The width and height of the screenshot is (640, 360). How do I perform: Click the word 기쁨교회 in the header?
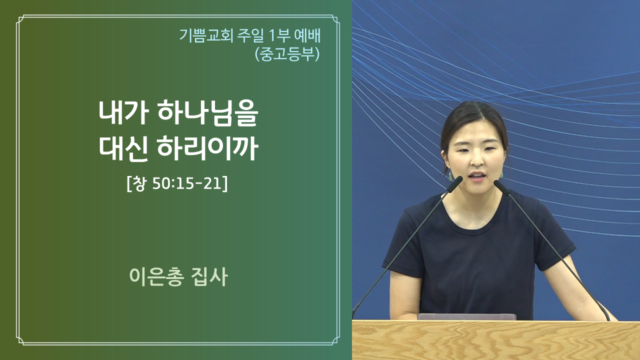click(x=206, y=35)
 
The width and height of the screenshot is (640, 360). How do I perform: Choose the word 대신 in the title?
click(x=123, y=148)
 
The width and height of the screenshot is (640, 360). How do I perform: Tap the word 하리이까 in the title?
click(x=207, y=148)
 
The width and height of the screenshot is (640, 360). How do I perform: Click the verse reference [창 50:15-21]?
click(x=177, y=183)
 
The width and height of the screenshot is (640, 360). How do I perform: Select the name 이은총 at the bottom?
click(x=155, y=276)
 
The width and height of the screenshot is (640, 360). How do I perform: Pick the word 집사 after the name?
click(x=209, y=276)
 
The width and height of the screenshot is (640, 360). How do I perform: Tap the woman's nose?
click(x=476, y=160)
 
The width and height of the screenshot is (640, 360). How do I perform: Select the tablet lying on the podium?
click(x=466, y=316)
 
